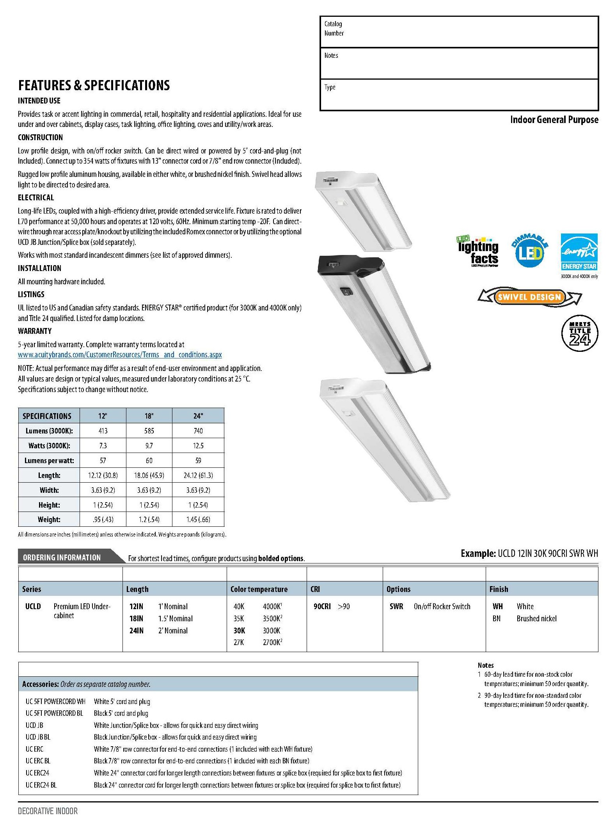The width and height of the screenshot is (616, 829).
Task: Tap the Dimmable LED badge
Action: [x=529, y=251]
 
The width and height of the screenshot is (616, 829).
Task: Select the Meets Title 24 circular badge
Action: [x=579, y=333]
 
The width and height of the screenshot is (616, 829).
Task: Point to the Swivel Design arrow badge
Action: [x=529, y=297]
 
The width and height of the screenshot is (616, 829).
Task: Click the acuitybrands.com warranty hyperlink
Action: [x=120, y=355]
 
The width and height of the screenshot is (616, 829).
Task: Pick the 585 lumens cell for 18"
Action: [x=149, y=431]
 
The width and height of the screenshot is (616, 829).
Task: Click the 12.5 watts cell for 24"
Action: [x=198, y=446]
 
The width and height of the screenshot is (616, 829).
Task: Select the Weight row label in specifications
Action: [x=49, y=519]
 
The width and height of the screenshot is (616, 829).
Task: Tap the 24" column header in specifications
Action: [x=198, y=416]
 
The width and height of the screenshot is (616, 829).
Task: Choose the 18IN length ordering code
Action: [x=136, y=619]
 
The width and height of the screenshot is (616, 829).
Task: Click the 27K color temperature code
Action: [x=239, y=642]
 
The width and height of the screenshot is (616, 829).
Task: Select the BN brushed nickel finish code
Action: [x=496, y=619]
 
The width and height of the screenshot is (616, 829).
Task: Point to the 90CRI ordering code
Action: [x=322, y=606]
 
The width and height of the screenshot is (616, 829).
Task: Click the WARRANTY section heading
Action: [x=35, y=331]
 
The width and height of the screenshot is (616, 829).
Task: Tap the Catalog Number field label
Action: [x=334, y=29]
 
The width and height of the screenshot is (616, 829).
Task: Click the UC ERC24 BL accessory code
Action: [x=41, y=785]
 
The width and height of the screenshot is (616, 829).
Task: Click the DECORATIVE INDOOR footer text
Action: [x=48, y=811]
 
